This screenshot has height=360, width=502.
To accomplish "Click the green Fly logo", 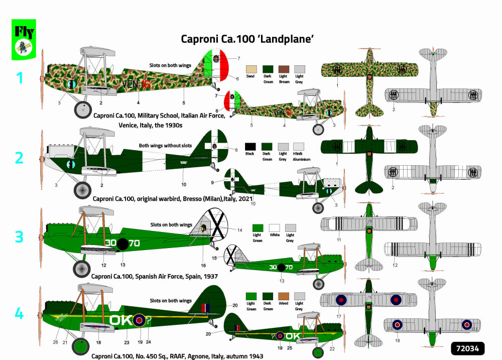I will (24, 39).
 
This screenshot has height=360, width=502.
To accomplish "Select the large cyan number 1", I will (20, 78).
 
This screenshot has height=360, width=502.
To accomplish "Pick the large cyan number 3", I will (19, 236).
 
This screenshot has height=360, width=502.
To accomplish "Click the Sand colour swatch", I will (250, 69).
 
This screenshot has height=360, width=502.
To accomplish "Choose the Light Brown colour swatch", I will (284, 69).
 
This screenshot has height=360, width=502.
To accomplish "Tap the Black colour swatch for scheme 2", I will (250, 147).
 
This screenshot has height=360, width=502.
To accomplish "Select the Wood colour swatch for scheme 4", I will (284, 296).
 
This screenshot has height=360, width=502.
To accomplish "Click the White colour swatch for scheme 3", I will (274, 228).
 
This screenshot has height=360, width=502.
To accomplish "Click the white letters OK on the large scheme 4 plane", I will (121, 319).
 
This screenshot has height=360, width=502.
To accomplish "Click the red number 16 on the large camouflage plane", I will (146, 85).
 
